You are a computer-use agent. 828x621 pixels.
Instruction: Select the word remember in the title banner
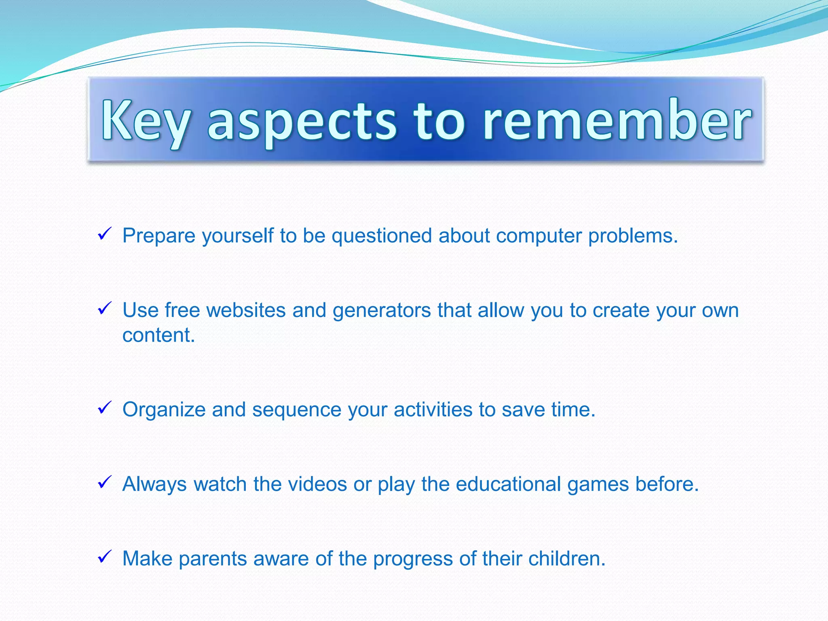pyautogui.click(x=617, y=121)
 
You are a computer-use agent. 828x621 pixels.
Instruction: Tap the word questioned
pyautogui.click(x=382, y=236)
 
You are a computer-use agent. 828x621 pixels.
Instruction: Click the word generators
pyautogui.click(x=382, y=310)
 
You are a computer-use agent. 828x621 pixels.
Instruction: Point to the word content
pyautogui.click(x=158, y=335)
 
